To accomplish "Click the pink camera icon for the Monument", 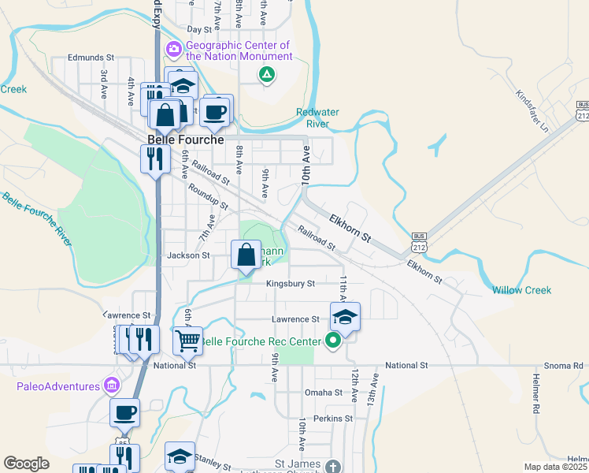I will click(173, 50).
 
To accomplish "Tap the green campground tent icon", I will click(267, 75).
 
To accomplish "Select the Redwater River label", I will click(317, 118).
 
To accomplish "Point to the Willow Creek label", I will click(522, 290).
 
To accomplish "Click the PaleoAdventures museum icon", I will click(111, 385).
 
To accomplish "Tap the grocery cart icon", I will click(187, 341).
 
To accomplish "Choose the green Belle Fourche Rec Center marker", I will click(333, 341).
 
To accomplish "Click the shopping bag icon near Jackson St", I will click(246, 255).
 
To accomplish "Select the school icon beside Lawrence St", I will click(345, 317).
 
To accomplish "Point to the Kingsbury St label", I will click(290, 284).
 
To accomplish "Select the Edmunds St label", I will click(91, 58).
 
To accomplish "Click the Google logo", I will click(26, 463).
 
